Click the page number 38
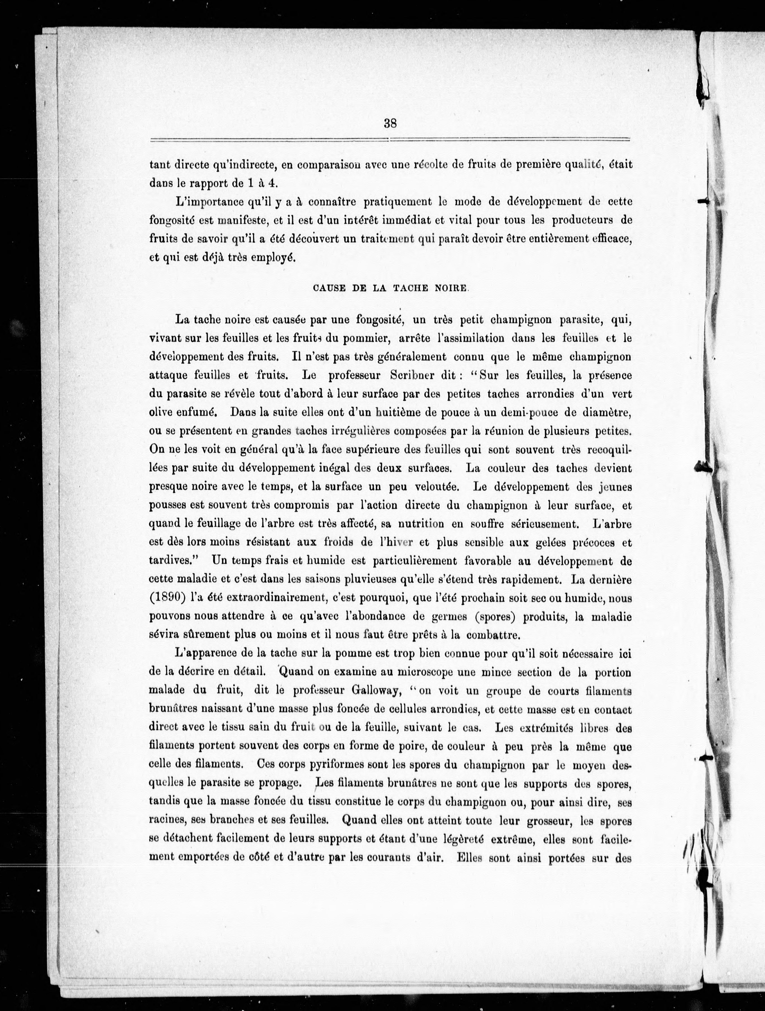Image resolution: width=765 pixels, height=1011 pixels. (x=390, y=123)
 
